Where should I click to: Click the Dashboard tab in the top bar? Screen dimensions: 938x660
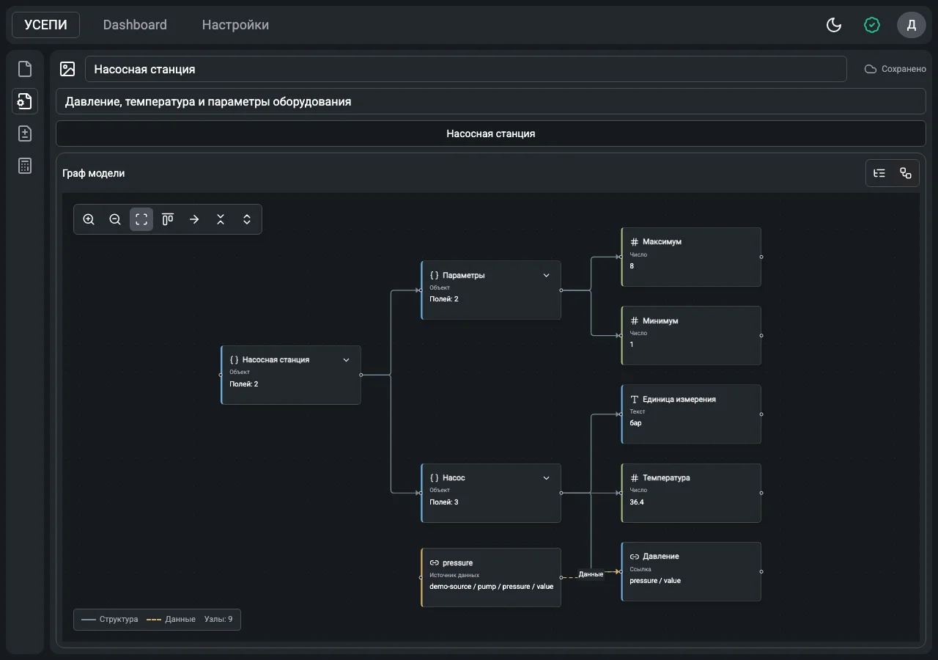pos(135,25)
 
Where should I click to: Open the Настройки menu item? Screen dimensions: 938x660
pos(235,25)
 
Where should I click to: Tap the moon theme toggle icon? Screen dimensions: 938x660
pos(834,25)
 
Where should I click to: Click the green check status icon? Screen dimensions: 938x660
pos(872,25)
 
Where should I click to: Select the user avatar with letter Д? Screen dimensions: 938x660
pos(911,25)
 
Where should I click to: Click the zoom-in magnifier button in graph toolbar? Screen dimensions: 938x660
pos(89,219)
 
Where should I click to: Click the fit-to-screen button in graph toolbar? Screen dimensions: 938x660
pos(141,219)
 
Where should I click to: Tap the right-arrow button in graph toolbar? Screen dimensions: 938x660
pos(194,219)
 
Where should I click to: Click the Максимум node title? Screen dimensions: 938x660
pos(662,242)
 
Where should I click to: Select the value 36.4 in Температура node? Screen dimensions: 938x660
pos(637,502)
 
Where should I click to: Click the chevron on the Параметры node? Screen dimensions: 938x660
pos(546,275)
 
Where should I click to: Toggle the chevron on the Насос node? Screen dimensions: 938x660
pos(546,477)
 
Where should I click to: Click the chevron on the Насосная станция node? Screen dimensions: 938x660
pos(347,360)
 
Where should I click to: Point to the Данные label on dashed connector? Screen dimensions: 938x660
pos(591,574)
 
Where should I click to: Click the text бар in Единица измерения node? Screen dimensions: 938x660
pos(635,423)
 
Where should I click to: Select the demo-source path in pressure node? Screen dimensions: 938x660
pos(491,586)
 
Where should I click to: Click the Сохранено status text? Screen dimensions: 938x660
pos(904,69)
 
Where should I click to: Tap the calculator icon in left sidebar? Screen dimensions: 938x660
pos(25,166)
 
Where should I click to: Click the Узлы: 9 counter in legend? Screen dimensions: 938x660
pos(218,619)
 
